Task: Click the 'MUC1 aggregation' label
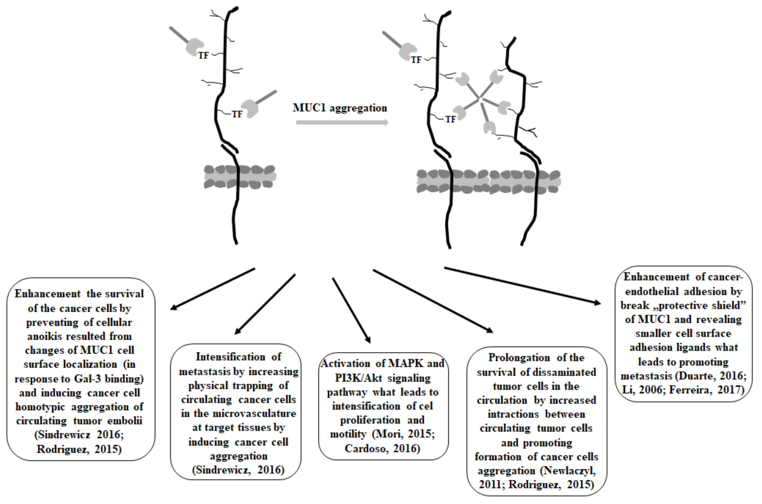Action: pyautogui.click(x=340, y=108)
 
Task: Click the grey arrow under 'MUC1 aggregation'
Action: pyautogui.click(x=342, y=122)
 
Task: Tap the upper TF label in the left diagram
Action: pyautogui.click(x=203, y=56)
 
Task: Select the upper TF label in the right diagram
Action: pyautogui.click(x=416, y=60)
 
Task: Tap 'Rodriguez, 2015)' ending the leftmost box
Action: pyautogui.click(x=79, y=449)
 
